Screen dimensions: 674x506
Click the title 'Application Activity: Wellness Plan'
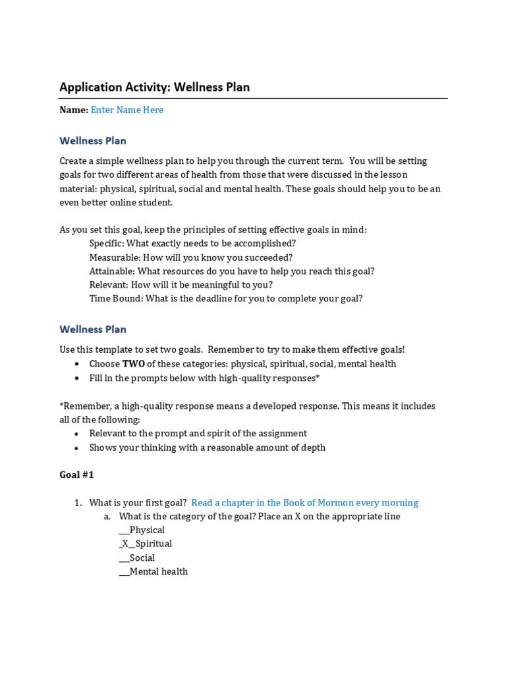[x=154, y=87]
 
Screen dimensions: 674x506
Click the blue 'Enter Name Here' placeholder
[x=126, y=110]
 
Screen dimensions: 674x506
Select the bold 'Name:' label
[x=74, y=110]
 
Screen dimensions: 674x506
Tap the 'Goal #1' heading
[x=76, y=475]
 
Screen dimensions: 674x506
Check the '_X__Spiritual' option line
[x=146, y=544]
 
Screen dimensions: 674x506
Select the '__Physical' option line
[x=142, y=530]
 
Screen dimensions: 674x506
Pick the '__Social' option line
[x=137, y=557]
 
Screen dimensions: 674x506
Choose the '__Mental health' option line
[x=154, y=571]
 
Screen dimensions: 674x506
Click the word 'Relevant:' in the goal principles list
[x=109, y=285]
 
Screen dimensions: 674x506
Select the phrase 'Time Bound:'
[x=116, y=298]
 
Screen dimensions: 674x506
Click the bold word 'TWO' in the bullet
[x=133, y=364]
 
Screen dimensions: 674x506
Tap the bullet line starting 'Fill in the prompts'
[x=204, y=378]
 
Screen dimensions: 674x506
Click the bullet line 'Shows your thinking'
[x=207, y=448]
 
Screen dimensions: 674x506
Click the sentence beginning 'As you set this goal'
[x=213, y=230]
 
